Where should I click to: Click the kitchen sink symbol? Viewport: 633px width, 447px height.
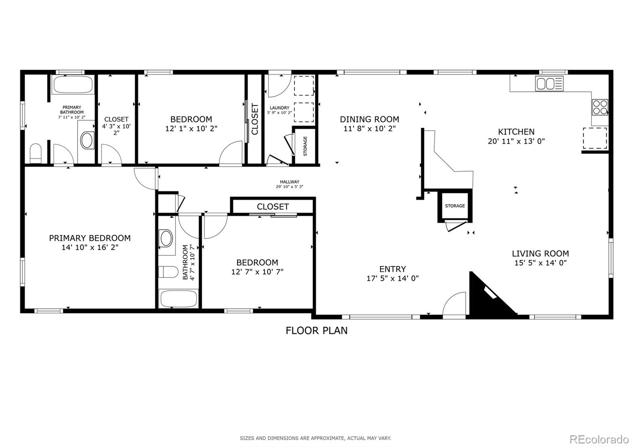[x=549, y=83]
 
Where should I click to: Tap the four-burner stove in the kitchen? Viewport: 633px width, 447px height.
[x=600, y=106]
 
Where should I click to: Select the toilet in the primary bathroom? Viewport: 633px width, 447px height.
[x=36, y=153]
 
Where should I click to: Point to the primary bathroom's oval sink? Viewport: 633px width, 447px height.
[x=87, y=140]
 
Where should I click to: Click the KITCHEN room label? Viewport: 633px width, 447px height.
[x=516, y=132]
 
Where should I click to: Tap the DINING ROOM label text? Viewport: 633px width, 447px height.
[x=370, y=119]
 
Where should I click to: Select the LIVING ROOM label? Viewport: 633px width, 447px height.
[x=540, y=254]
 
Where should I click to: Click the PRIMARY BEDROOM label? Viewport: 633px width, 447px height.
[x=90, y=238]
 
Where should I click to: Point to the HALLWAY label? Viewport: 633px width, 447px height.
[x=290, y=182]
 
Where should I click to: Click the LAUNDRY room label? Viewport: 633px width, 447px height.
[x=279, y=108]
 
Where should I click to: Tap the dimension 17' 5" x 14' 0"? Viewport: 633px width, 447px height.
[x=392, y=278]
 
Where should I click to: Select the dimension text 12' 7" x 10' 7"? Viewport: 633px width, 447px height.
[x=257, y=272]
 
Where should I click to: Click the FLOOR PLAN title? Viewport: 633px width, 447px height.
[x=316, y=330]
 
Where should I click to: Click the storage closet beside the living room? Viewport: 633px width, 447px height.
[x=455, y=206]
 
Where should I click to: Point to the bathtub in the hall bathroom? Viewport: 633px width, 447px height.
[x=178, y=299]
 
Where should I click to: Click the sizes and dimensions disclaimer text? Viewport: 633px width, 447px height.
[x=315, y=438]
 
